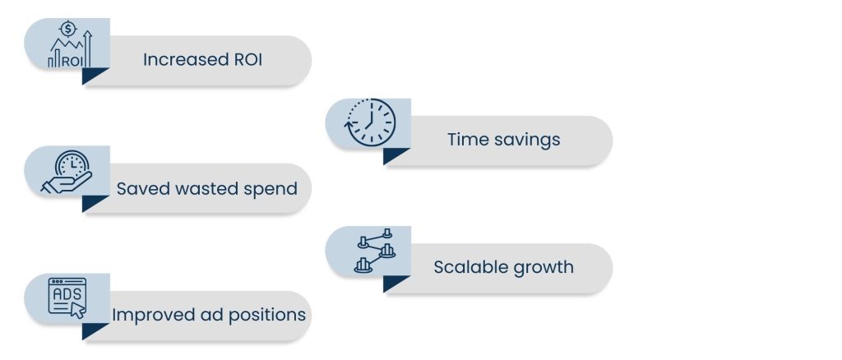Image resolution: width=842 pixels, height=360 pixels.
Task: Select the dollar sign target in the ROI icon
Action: click(67, 29)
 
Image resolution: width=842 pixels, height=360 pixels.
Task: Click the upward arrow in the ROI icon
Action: click(87, 48)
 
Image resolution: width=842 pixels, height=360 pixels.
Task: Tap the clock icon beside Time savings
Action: click(369, 122)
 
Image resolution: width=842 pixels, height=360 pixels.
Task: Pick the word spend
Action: click(271, 189)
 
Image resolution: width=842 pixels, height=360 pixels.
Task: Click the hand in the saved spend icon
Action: click(67, 183)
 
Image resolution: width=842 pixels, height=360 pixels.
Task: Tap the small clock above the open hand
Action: click(72, 164)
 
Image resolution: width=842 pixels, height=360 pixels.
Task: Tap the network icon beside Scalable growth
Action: click(375, 251)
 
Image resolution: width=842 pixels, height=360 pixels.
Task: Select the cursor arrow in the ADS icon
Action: click(78, 311)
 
